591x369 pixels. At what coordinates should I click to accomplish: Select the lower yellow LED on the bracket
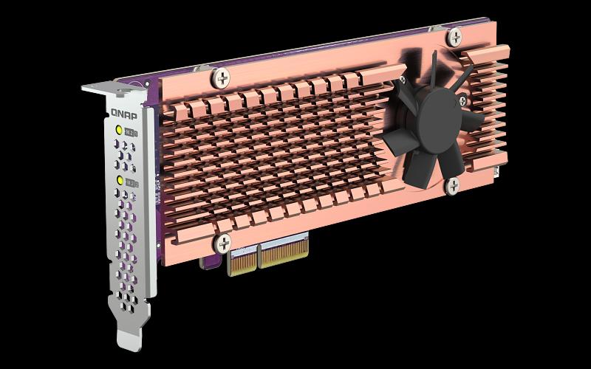120,180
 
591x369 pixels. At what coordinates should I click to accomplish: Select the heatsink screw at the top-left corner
219,75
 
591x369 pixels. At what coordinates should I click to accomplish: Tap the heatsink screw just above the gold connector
222,242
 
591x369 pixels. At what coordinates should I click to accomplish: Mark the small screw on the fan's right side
462,100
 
